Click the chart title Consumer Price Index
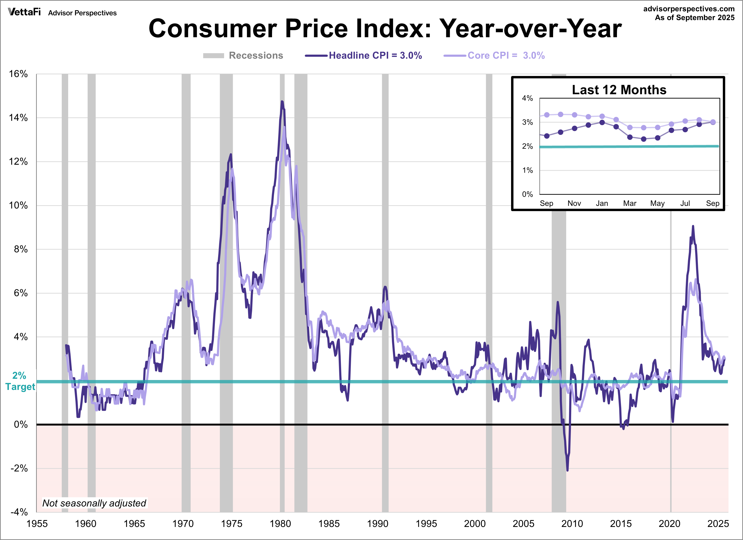385,29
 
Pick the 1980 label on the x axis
280,524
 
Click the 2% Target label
20,381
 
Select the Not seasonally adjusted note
94,503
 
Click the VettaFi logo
24,12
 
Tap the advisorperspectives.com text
689,9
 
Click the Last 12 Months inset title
619,90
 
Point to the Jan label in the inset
602,204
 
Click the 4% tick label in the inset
527,98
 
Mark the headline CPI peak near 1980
282,102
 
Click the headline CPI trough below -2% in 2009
567,470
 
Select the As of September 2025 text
695,18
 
